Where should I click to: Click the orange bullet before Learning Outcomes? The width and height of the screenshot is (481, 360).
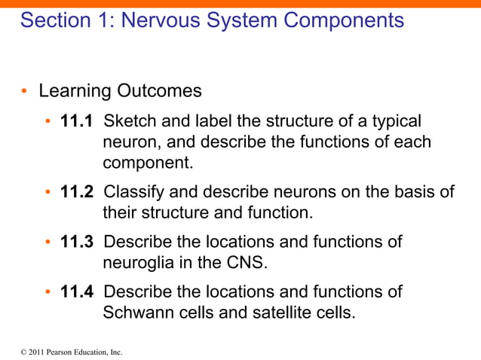(x=24, y=92)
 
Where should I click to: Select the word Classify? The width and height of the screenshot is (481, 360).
(x=132, y=192)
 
